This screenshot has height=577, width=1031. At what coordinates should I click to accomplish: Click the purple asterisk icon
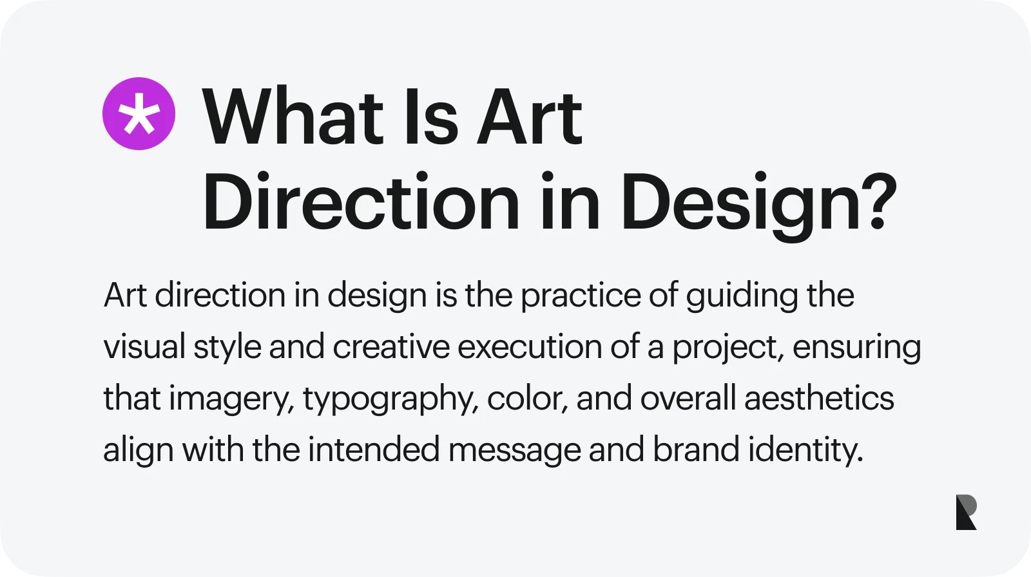pos(139,114)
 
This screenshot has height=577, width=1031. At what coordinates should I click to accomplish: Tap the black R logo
pos(966,512)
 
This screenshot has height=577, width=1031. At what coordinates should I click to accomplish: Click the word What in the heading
pos(293,117)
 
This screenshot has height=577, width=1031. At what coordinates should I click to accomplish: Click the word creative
pos(391,347)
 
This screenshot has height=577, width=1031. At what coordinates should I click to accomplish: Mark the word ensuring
pos(857,348)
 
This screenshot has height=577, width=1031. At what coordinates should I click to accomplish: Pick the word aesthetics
pos(819,398)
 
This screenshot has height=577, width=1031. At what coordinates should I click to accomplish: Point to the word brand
pos(696,449)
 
